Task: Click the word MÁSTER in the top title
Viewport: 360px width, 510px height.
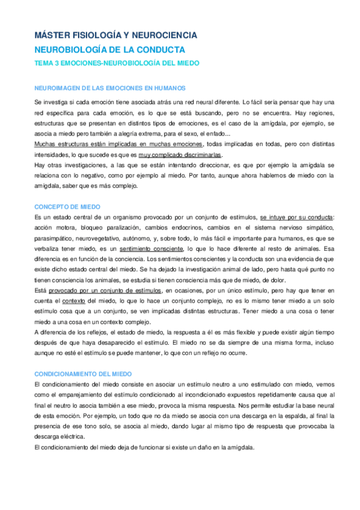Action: coord(50,36)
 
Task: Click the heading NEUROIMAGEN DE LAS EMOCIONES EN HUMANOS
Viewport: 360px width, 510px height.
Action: coord(110,87)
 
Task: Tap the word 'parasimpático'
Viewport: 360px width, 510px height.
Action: coord(53,238)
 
